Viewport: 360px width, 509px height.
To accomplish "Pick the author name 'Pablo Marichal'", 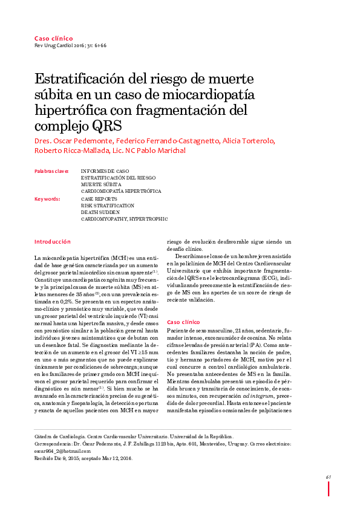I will click(165, 151).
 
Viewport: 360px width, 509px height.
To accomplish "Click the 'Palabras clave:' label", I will click(52, 171).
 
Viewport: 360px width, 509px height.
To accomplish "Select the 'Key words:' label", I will click(47, 198).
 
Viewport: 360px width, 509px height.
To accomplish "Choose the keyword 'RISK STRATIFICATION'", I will click(108, 206).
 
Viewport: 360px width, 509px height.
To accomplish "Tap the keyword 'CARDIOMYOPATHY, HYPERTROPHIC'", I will click(124, 219).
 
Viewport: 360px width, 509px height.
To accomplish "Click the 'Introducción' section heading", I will click(53, 241).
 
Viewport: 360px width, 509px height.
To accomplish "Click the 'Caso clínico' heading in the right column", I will click(183, 322).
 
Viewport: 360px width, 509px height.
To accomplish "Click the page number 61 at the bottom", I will click(329, 478).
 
